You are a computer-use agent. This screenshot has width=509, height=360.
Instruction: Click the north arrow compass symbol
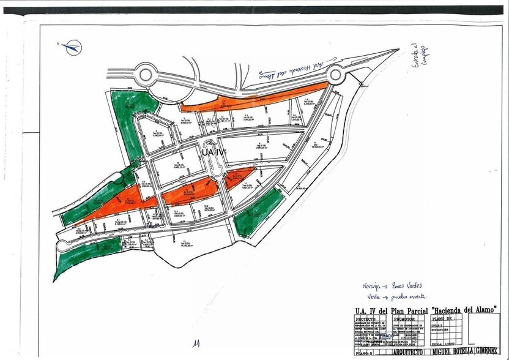[72, 46]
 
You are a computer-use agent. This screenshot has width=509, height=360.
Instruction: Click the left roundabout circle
[146, 74]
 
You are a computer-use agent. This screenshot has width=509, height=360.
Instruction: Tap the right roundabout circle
[335, 75]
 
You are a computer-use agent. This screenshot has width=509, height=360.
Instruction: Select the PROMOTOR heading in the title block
[404, 319]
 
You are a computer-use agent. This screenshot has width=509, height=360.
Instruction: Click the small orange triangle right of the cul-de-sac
[233, 179]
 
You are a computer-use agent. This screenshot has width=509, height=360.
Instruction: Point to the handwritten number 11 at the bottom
[196, 345]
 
